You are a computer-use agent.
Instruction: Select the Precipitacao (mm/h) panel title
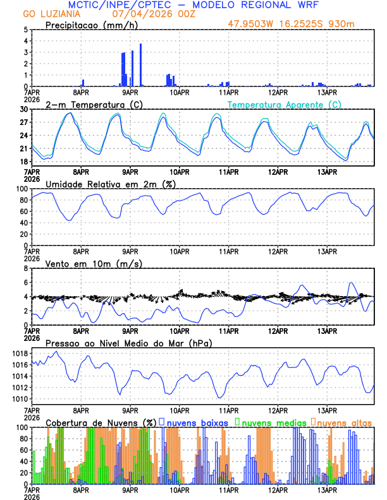tap(88, 25)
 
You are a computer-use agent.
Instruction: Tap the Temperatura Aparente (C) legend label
tap(285, 104)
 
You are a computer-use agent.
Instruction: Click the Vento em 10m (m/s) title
tap(94, 263)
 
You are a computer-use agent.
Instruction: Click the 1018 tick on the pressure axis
tap(18, 353)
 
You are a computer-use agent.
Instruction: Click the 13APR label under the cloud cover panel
tap(327, 490)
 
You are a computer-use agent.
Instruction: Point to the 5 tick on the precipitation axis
tap(26, 30)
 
